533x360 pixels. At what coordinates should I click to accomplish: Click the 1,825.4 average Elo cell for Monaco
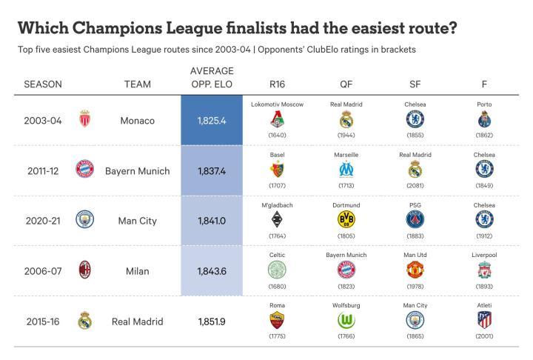(x=212, y=121)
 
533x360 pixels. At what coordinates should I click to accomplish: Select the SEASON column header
(x=43, y=84)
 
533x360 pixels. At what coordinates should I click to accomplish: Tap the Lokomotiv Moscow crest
(x=278, y=120)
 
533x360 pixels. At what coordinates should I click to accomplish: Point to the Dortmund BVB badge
(x=346, y=219)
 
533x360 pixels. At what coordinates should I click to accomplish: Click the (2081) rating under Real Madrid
(x=415, y=185)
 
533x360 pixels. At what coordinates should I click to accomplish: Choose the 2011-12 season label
(x=43, y=170)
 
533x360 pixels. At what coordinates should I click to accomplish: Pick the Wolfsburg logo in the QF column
(x=346, y=320)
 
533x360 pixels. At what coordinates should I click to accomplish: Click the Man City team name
(x=138, y=221)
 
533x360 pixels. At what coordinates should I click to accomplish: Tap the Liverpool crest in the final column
(x=484, y=270)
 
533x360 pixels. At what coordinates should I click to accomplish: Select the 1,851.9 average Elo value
(x=212, y=321)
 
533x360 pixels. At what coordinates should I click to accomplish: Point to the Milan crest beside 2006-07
(x=84, y=270)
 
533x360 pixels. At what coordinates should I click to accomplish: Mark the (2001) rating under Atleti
(x=484, y=336)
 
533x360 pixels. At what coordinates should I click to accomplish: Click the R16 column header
(x=277, y=84)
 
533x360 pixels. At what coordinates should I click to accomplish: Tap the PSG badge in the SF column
(x=415, y=219)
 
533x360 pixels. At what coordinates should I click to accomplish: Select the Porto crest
(x=484, y=120)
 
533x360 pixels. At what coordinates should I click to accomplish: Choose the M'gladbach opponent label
(x=277, y=205)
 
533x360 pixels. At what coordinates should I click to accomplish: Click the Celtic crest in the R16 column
(x=277, y=270)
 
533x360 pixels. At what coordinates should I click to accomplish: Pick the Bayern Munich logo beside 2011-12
(x=84, y=169)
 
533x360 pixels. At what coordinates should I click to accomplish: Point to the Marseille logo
(x=346, y=169)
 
